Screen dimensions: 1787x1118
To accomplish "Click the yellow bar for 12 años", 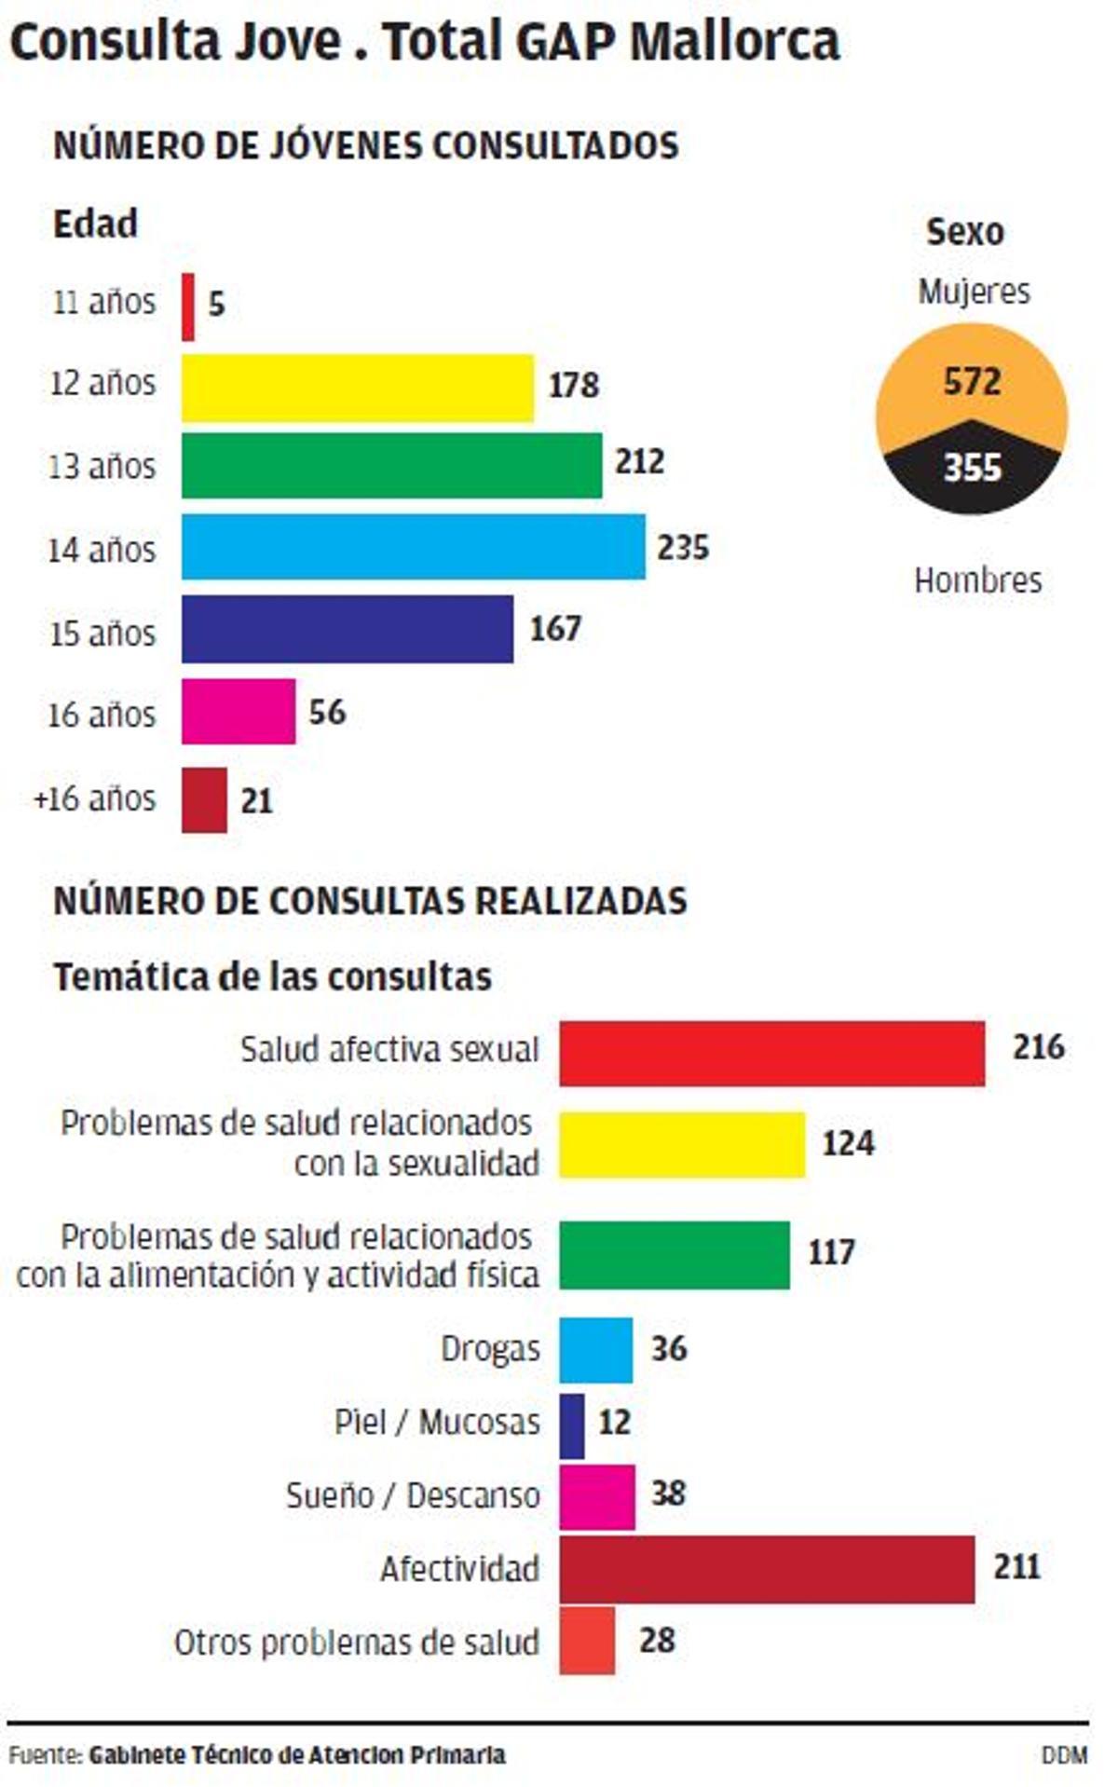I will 357,388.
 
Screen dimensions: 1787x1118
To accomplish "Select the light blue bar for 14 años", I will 413,547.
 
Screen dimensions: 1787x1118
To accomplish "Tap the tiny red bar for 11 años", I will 188,307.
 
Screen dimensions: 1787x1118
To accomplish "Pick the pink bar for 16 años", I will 239,711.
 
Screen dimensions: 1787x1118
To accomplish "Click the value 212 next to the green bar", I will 639,462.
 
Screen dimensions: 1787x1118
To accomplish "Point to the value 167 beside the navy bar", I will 555,629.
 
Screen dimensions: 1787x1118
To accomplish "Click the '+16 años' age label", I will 95,799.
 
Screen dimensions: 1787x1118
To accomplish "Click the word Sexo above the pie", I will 965,232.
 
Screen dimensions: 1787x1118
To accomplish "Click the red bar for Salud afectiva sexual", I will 771,1054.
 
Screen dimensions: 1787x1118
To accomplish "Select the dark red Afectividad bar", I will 766,1570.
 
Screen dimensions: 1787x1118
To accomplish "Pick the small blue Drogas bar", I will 595,1349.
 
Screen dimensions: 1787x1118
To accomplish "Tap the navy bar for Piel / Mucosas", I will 572,1426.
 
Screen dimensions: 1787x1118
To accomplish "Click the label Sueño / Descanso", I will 413,1495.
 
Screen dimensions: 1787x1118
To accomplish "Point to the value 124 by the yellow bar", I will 848,1143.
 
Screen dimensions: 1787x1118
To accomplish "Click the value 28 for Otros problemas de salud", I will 657,1640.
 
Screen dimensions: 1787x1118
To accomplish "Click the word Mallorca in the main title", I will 734,42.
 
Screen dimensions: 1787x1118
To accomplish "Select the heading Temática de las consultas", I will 272,977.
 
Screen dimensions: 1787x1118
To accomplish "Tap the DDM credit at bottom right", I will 1064,1755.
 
